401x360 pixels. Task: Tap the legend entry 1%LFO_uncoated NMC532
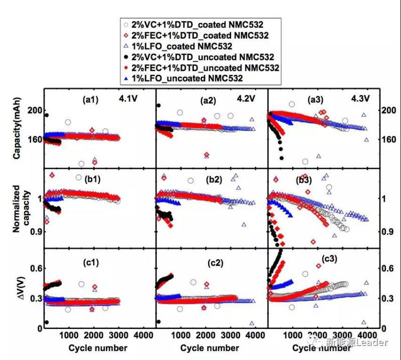pyautogui.click(x=186, y=79)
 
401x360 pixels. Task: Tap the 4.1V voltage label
pyautogui.click(x=129, y=99)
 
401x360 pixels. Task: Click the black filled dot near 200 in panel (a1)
pyautogui.click(x=47, y=115)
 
